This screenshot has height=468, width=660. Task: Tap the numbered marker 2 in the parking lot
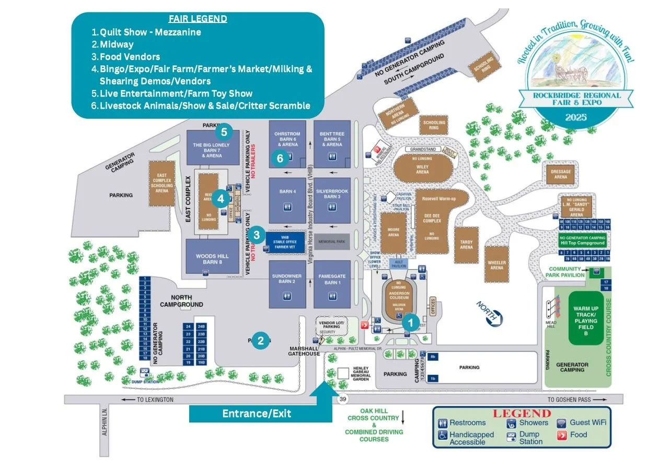coord(260,341)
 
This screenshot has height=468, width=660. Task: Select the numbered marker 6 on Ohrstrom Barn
coord(280,158)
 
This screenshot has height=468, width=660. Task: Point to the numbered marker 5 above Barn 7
coord(224,131)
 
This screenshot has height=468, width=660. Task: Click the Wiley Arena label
coord(422,168)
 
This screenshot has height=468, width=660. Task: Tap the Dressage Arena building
coord(561,174)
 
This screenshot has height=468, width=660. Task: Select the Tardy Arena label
coord(466,245)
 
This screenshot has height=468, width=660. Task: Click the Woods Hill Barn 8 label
coord(213,259)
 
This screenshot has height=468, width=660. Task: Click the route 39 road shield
coord(342,400)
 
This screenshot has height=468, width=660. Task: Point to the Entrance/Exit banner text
coord(257,414)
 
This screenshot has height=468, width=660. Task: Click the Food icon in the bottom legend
coord(562,435)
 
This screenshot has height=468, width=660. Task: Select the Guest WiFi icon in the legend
coord(561,423)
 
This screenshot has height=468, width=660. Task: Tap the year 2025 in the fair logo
coord(575,118)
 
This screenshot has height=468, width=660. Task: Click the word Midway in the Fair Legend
coord(117,44)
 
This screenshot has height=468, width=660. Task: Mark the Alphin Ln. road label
coord(105,421)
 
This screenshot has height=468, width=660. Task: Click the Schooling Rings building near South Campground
coord(483,67)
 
